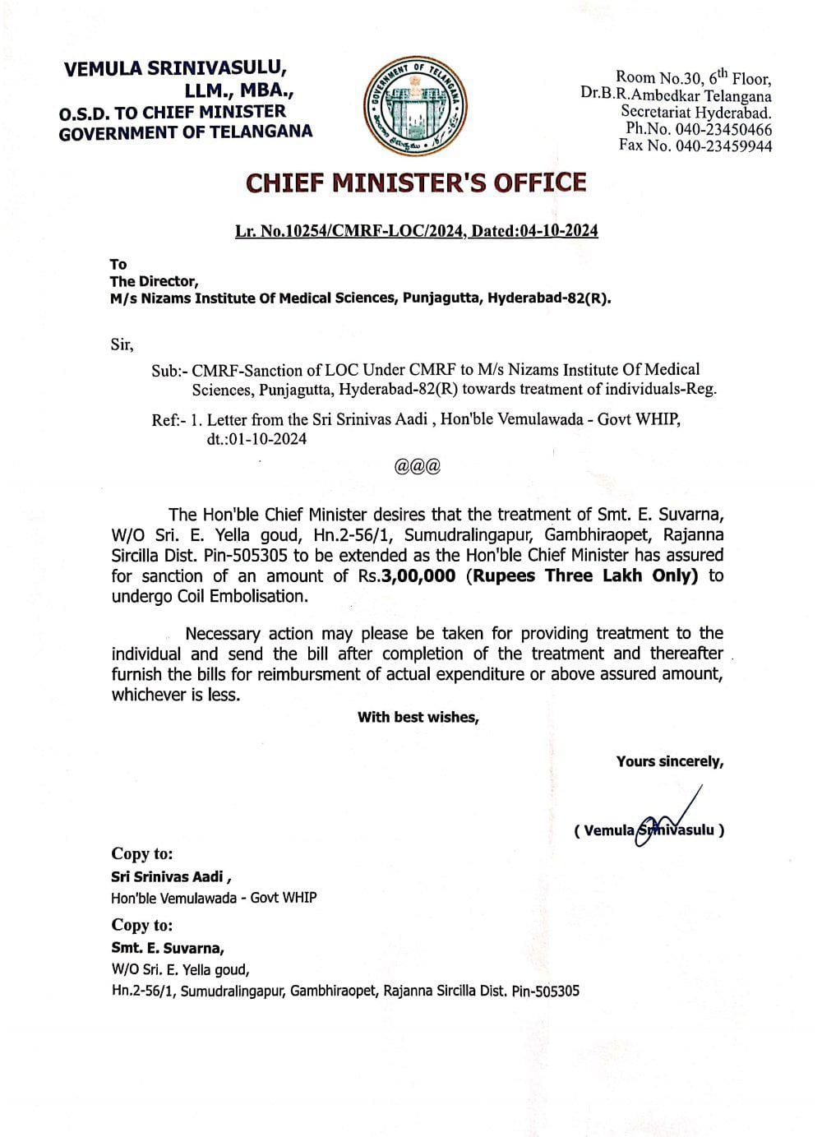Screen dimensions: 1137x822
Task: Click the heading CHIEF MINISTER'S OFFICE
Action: (417, 183)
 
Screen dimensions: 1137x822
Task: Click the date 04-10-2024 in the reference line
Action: (558, 231)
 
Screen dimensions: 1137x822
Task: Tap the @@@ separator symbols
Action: (418, 466)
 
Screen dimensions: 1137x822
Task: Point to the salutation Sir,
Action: (122, 344)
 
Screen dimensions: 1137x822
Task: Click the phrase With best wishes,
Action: (418, 717)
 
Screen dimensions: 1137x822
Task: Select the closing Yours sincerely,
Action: (670, 761)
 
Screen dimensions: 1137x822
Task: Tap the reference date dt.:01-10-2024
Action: (256, 439)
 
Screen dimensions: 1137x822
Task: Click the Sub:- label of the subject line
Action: (169, 370)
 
